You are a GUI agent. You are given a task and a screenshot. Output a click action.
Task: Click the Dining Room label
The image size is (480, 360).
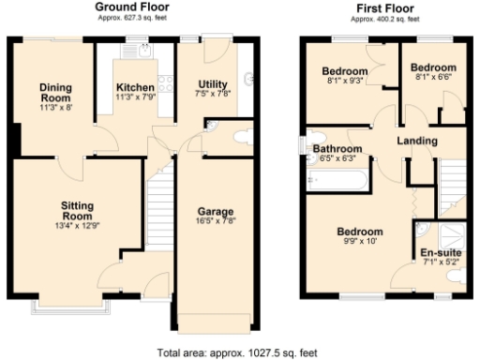tap(54, 93)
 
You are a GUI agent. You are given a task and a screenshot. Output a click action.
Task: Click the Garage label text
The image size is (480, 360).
tap(215, 211)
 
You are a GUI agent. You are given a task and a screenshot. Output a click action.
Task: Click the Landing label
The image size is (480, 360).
tap(416, 141)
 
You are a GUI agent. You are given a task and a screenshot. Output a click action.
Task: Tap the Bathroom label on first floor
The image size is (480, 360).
tap(337, 149)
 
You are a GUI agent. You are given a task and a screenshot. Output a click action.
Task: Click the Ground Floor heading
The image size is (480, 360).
tap(132, 7)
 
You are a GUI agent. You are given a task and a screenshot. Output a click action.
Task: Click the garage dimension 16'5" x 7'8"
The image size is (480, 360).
tap(215, 223)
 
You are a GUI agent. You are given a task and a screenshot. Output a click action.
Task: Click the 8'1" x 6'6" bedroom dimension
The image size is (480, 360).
tap(433, 80)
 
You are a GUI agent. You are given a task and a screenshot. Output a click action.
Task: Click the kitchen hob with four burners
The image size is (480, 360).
tap(166, 83)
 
